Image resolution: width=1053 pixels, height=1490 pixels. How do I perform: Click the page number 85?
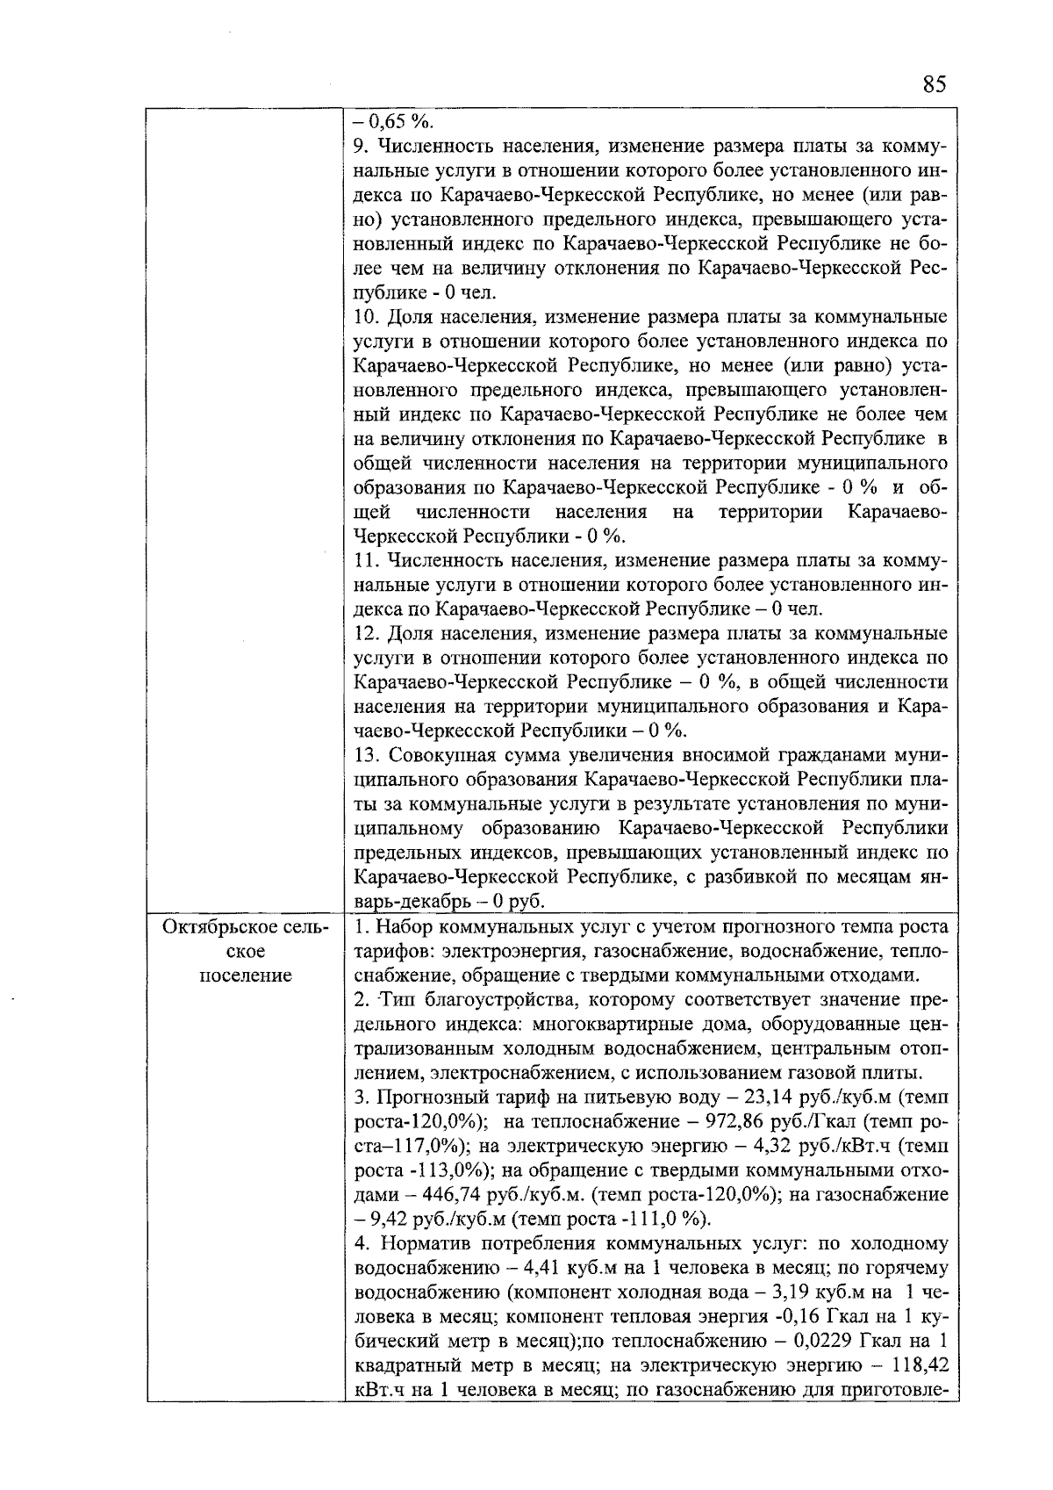tap(935, 84)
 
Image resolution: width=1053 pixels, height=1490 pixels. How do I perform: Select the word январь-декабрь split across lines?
tap(930, 877)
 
